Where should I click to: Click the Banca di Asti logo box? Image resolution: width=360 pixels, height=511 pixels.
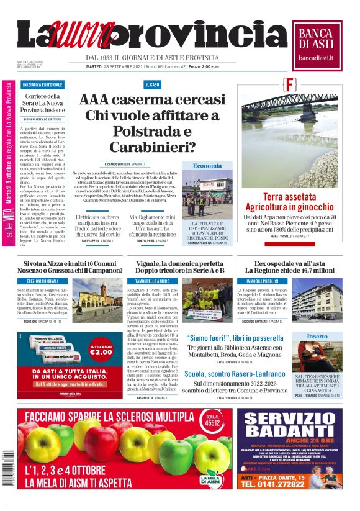(x=320, y=44)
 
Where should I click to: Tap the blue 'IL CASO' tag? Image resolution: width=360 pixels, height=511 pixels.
(x=153, y=84)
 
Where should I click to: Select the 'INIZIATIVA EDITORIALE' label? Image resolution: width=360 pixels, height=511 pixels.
(x=43, y=84)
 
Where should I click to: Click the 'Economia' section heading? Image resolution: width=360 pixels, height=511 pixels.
(x=207, y=166)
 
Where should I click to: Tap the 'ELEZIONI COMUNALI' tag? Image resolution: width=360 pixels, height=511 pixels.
(x=42, y=281)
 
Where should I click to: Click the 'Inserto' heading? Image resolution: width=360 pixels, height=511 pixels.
(x=317, y=336)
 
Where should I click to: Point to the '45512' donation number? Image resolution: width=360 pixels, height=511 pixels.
(x=212, y=420)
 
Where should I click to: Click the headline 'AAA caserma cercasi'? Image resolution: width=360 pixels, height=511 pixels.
(x=153, y=101)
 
